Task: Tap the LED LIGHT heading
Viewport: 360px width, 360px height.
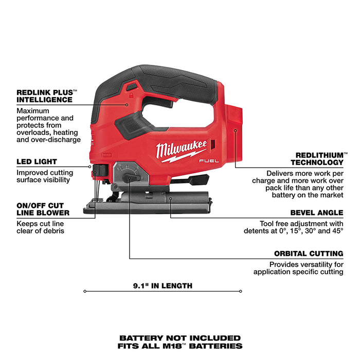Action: click(37, 161)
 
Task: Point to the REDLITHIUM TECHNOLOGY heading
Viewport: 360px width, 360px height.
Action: click(319, 158)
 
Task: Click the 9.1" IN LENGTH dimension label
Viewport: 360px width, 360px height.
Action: click(163, 286)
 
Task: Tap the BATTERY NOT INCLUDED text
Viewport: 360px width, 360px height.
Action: click(180, 338)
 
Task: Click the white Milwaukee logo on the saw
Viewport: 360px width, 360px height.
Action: click(181, 150)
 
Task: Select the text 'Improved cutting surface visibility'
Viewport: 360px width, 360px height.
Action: click(45, 176)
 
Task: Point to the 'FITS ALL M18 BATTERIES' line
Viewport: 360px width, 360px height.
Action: click(180, 346)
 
